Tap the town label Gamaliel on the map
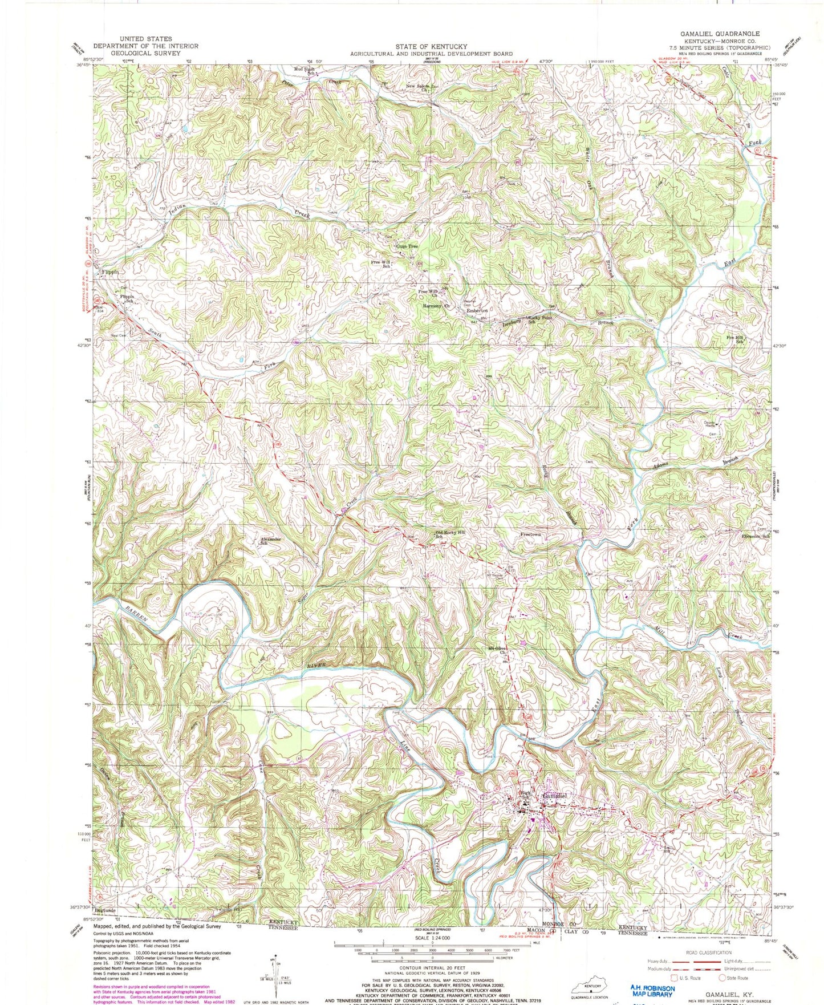[x=554, y=796]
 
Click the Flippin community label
[x=109, y=273]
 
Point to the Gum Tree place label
[x=407, y=246]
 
